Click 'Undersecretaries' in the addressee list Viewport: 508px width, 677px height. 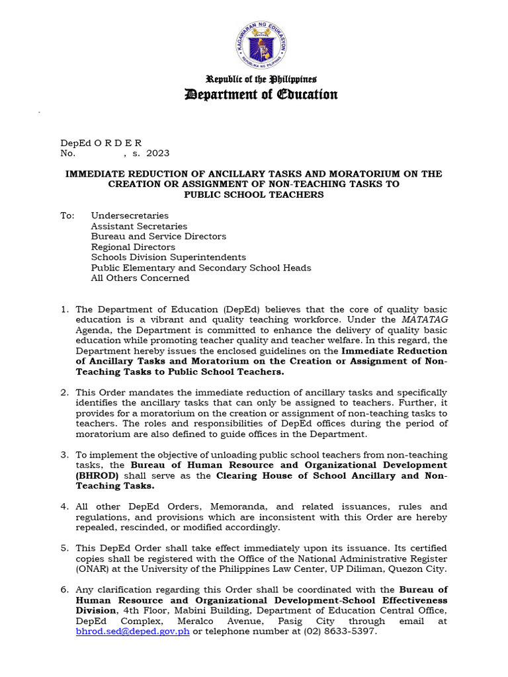(130, 216)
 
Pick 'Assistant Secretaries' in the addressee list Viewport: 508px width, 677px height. (139, 226)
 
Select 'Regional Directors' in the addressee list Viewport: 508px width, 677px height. (133, 247)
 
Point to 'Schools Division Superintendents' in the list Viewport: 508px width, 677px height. (168, 257)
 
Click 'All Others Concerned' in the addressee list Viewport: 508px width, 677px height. (140, 278)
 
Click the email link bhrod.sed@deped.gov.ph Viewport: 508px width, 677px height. (133, 631)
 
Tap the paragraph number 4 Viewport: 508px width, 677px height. (64, 506)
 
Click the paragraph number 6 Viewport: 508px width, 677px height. (64, 589)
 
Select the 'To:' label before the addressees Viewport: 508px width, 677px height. (67, 216)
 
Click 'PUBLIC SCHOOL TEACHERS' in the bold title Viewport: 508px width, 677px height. (253, 195)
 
